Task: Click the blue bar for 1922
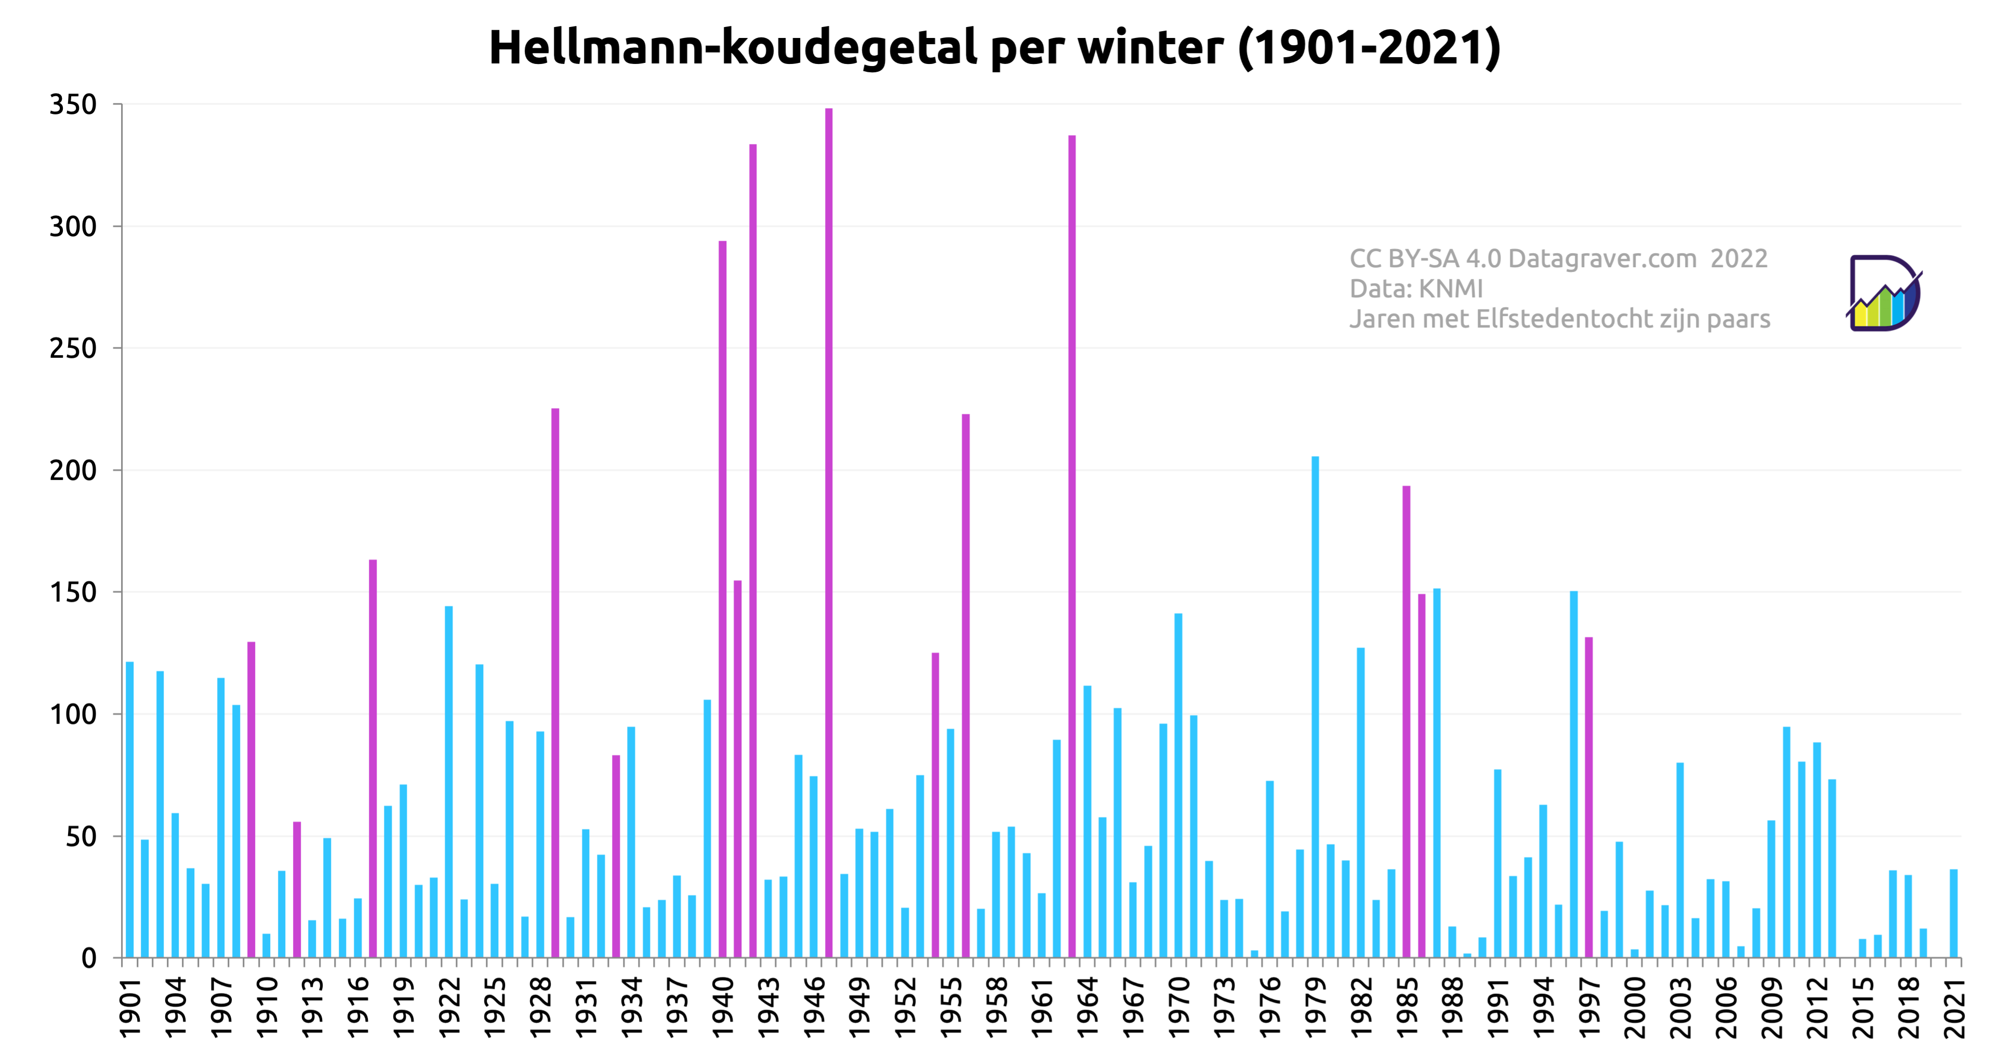449,782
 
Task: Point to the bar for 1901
130,809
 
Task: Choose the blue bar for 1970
1178,786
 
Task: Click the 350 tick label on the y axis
73,105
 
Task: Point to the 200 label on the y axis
73,471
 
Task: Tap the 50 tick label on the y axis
81,837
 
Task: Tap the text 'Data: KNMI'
1416,289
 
